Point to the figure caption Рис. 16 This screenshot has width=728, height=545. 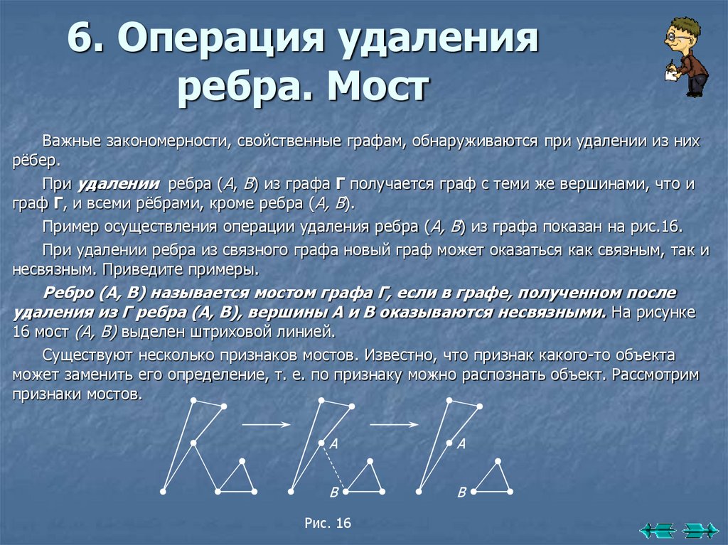pyautogui.click(x=328, y=524)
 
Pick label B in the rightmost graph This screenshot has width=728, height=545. pyautogui.click(x=461, y=492)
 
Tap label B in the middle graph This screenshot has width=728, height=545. pyautogui.click(x=333, y=492)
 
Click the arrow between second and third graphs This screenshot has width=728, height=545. pyautogui.click(x=394, y=424)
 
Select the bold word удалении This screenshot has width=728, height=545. pyautogui.click(x=118, y=184)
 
